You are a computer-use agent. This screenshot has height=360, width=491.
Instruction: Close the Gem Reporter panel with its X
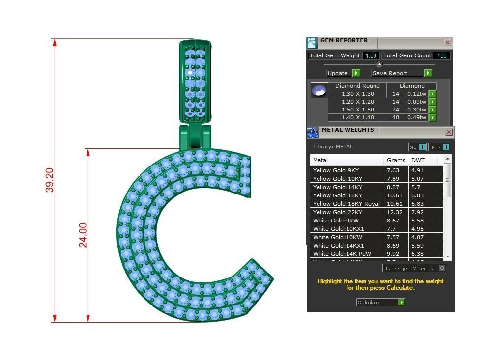coord(447,43)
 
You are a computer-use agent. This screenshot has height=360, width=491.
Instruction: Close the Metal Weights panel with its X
coord(449,132)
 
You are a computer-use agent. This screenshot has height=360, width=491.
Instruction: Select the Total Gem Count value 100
coord(441,56)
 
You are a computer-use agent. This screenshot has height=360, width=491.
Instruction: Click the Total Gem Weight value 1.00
coord(371,56)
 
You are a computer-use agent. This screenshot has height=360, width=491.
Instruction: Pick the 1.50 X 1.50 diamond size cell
coord(357,110)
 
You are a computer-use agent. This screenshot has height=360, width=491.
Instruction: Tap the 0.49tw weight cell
coord(415,118)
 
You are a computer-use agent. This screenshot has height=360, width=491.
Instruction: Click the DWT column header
coord(418,160)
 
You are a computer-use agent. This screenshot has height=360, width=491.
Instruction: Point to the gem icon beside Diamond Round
coord(319,91)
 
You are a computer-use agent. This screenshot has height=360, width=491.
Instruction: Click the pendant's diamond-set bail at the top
coord(196,81)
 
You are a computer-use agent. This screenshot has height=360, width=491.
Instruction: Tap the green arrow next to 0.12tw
coord(432,94)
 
